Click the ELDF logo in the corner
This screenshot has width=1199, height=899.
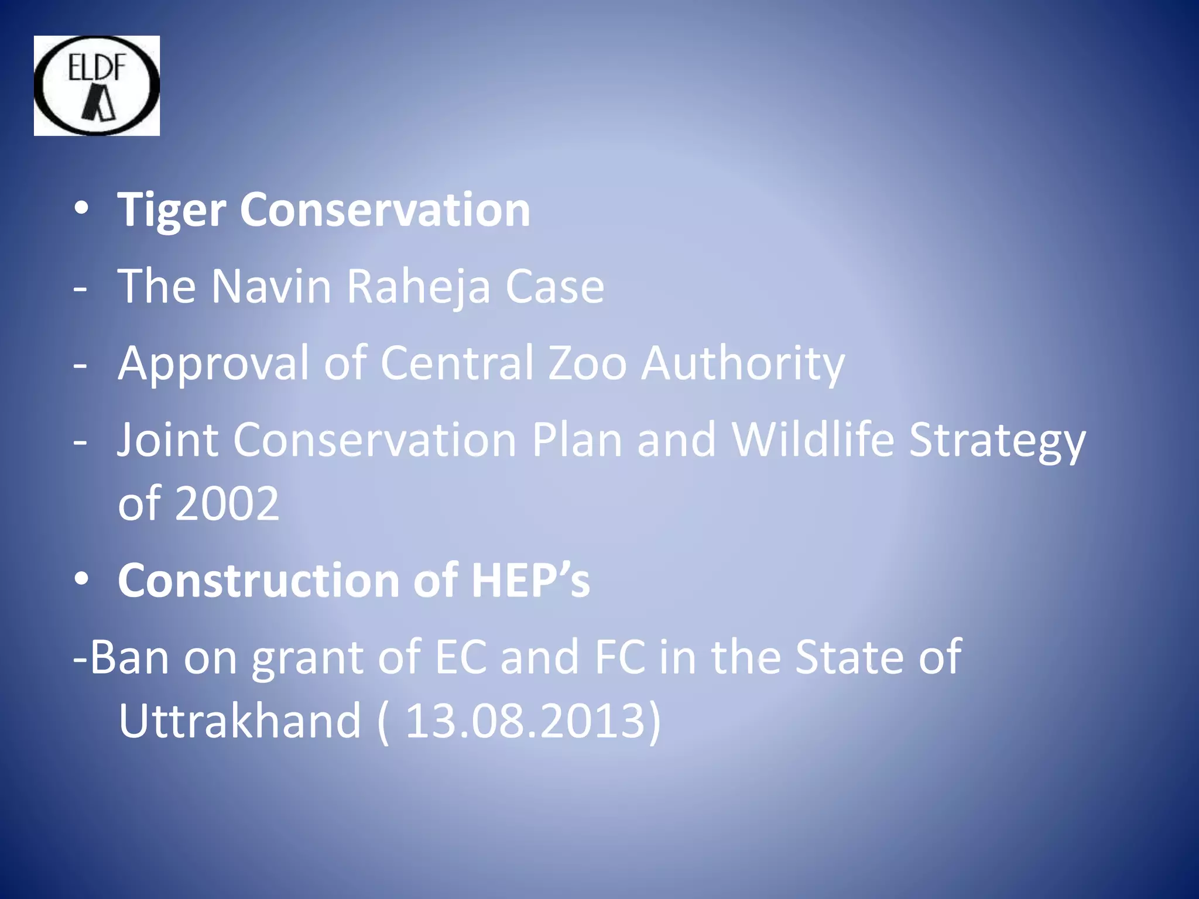pos(97,85)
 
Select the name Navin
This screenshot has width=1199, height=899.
pos(271,286)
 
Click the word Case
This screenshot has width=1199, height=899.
pos(554,286)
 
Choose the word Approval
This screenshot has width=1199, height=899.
pos(213,363)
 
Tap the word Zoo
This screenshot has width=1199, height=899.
pos(587,363)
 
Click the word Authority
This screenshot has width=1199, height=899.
pos(742,363)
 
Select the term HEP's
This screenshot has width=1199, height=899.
pos(530,580)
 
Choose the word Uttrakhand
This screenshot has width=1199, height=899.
pos(239,721)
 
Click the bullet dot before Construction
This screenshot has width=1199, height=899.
pos(81,579)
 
